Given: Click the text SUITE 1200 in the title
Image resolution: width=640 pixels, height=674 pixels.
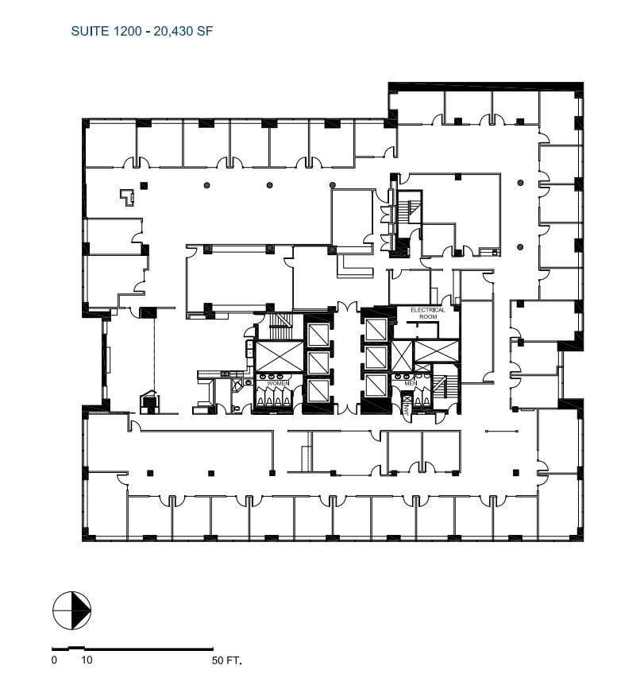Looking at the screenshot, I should point(104,32).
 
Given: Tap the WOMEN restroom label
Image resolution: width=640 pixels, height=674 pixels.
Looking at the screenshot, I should point(278,383).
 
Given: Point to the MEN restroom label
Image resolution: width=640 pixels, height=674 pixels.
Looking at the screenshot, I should point(411,383).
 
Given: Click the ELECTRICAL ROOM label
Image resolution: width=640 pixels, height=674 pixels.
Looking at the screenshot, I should point(428,313).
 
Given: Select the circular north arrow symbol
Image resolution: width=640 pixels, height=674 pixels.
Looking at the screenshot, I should point(71,612).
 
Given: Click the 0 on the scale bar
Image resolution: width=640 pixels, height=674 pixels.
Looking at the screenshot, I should point(54,660).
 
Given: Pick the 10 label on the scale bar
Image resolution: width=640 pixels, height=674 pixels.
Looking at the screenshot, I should point(87,660).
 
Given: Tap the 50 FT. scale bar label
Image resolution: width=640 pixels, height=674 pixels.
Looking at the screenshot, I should point(226,660).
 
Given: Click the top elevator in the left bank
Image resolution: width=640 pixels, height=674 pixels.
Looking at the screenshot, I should point(318,332).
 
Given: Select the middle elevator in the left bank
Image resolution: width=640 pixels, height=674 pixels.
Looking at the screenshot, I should point(318,362).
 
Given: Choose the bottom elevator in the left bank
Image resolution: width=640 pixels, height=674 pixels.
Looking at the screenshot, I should point(318,390).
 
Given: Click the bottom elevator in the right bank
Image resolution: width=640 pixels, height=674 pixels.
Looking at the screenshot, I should point(374,385).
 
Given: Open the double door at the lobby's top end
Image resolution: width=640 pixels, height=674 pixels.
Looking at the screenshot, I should point(346,308).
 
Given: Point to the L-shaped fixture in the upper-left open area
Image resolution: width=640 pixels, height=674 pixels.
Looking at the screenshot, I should point(125,196).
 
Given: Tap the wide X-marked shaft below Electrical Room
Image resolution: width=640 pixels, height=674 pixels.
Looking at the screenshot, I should point(436,349).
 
